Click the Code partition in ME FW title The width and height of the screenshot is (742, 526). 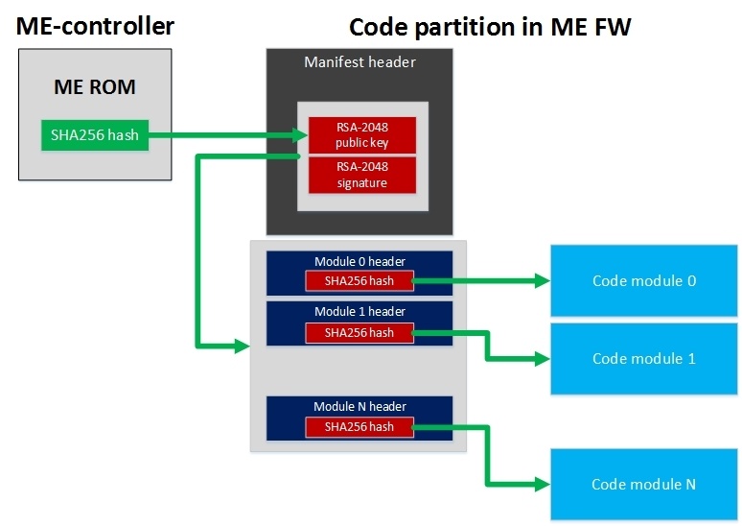[490, 27]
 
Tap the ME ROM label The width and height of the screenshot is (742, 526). [94, 87]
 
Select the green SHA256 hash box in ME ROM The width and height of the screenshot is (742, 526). [95, 134]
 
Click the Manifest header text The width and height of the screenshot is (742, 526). [359, 62]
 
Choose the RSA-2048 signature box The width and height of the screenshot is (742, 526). [361, 175]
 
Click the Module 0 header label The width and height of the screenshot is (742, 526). [359, 261]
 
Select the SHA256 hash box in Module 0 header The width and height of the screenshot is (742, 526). [359, 281]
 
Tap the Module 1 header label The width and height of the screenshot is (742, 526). [359, 312]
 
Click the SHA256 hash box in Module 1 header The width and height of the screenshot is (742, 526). [359, 332]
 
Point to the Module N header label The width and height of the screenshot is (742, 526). [359, 407]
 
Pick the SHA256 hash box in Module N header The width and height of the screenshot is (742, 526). [359, 427]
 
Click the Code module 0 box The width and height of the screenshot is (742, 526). [643, 281]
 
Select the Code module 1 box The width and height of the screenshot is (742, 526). [643, 359]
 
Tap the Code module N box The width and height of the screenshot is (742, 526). [643, 484]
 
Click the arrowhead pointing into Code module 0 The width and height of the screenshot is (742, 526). [542, 281]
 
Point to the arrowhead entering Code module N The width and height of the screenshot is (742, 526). [542, 484]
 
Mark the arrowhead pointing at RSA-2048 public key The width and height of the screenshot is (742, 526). [300, 135]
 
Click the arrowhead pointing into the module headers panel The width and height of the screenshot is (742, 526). [242, 346]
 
